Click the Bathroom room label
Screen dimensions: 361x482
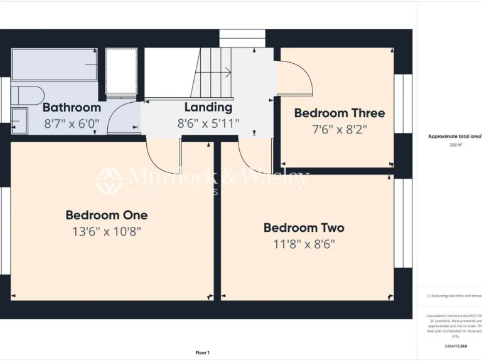72,108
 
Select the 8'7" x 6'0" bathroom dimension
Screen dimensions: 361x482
72,123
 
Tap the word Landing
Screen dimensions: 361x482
208,108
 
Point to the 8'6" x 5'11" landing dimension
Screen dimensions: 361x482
208,123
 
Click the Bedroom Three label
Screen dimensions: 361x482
340,113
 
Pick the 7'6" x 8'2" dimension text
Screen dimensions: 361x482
340,130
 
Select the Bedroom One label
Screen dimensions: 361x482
107,216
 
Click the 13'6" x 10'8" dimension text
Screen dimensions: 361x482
107,231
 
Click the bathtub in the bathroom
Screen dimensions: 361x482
55,65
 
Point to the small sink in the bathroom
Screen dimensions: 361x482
19,120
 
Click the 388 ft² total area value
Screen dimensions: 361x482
455,145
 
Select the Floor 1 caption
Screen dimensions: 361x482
202,353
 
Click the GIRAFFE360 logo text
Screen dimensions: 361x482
455,346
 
